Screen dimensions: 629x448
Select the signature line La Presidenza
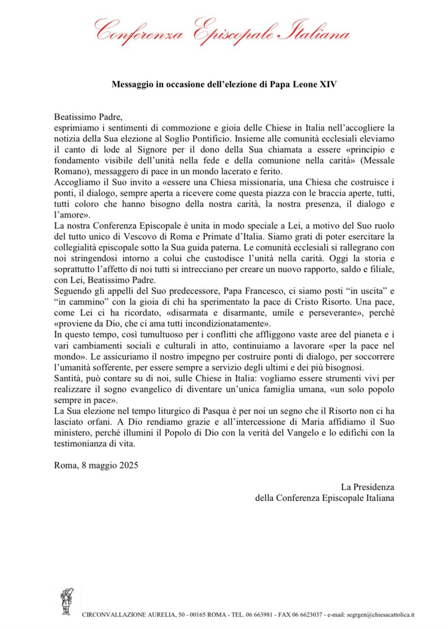tap(367, 486)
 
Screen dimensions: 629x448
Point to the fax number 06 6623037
tap(305, 614)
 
